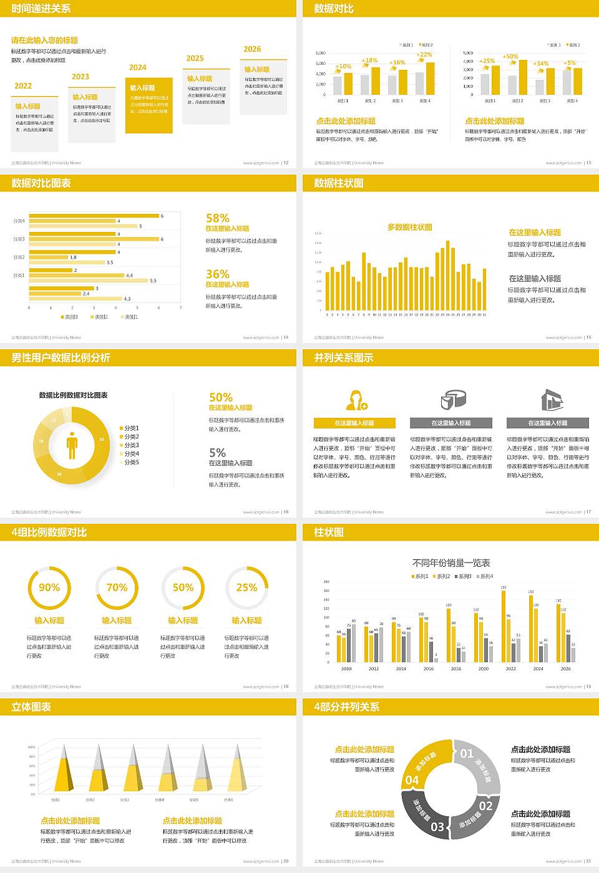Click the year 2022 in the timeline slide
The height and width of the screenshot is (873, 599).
[x=23, y=86]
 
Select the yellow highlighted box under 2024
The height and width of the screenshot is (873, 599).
[x=149, y=105]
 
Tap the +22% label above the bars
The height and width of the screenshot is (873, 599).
[x=424, y=55]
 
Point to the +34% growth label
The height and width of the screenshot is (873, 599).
[x=540, y=64]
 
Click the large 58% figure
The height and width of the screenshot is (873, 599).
[x=218, y=218]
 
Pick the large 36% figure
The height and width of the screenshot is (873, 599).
[x=218, y=274]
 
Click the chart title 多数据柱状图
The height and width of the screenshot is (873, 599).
[x=410, y=227]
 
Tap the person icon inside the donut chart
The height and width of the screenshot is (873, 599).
[x=72, y=445]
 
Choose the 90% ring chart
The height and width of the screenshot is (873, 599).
[x=49, y=587]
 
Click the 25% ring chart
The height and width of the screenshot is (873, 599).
[x=246, y=587]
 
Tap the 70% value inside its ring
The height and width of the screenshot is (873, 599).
[x=117, y=587]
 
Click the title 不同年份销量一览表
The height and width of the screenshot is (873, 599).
[x=451, y=562]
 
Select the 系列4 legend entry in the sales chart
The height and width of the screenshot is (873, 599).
[x=485, y=576]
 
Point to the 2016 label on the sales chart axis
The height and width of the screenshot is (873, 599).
[x=429, y=668]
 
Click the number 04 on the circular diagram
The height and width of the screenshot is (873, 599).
[x=412, y=780]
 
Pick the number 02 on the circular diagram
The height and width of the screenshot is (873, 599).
[x=486, y=806]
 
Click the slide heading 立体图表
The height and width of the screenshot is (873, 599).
[x=31, y=707]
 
